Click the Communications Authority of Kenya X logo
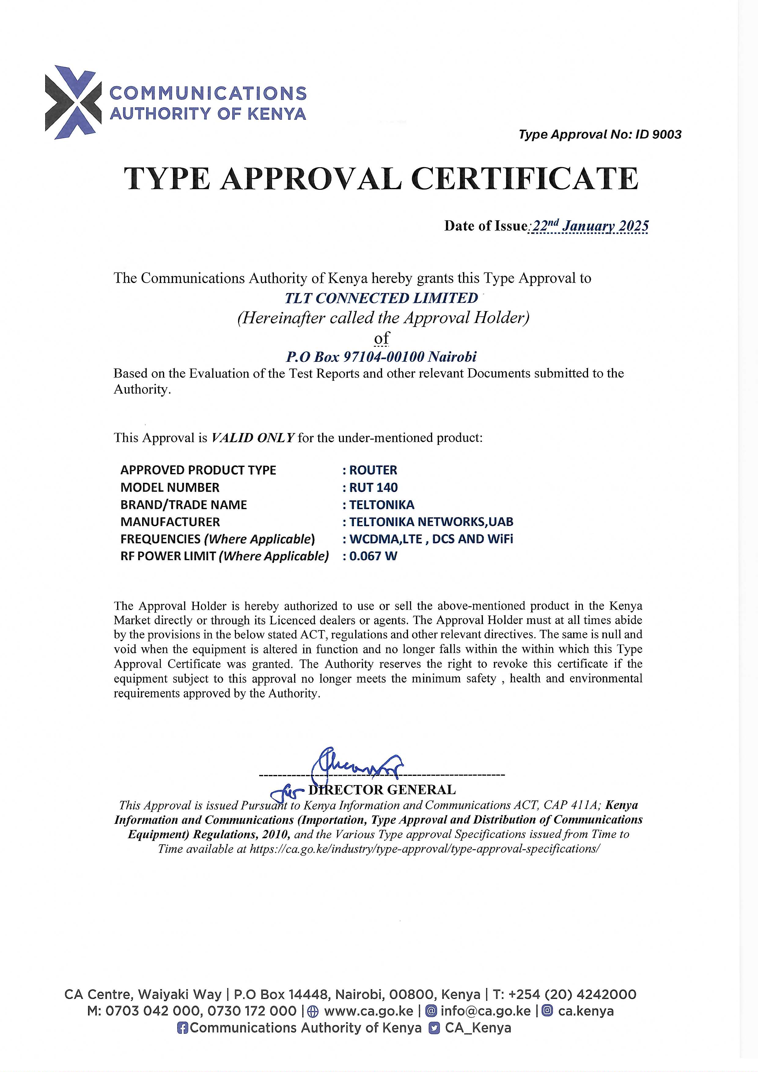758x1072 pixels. pyautogui.click(x=73, y=102)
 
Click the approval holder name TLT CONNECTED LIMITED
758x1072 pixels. pyautogui.click(x=381, y=298)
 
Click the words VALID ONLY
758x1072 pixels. pyautogui.click(x=253, y=438)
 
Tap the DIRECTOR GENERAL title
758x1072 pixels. pyautogui.click(x=381, y=790)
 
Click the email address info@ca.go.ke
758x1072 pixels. pyautogui.click(x=485, y=1011)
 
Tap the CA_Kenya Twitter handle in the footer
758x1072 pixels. pyautogui.click(x=478, y=1028)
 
